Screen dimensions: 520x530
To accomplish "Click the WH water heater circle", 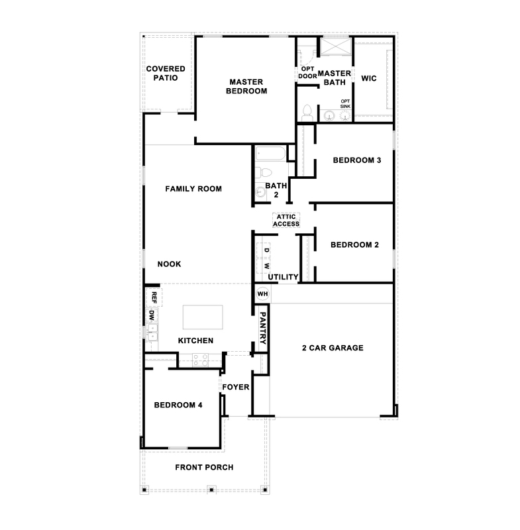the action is click(x=262, y=293).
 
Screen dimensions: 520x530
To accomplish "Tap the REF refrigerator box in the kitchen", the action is click(x=154, y=297).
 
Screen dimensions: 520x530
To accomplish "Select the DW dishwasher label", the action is click(x=152, y=316).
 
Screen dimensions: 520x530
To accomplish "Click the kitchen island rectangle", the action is click(x=203, y=317).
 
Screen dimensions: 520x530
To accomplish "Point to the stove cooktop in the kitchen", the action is click(x=200, y=360).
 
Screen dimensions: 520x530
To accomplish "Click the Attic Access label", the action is click(x=286, y=221).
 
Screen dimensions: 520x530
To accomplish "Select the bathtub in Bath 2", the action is click(x=271, y=154).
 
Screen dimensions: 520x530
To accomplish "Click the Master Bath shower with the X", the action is click(x=336, y=46).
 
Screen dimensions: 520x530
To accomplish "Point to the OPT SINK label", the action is click(x=345, y=104).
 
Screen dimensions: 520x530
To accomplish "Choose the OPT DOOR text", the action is click(x=307, y=73).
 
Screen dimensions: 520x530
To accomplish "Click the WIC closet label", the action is click(x=368, y=78).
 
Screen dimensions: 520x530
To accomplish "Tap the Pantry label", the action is click(x=262, y=328).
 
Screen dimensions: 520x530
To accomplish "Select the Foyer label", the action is click(x=236, y=387).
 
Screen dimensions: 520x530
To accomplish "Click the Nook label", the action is click(x=170, y=264).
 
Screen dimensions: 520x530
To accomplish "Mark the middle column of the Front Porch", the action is click(x=211, y=490).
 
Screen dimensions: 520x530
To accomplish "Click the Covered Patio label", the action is click(x=166, y=74).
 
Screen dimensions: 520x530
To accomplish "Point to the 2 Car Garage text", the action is click(x=333, y=348).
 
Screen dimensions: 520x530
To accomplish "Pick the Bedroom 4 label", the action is click(x=178, y=405).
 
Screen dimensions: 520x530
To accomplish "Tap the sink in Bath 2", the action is click(x=260, y=191).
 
